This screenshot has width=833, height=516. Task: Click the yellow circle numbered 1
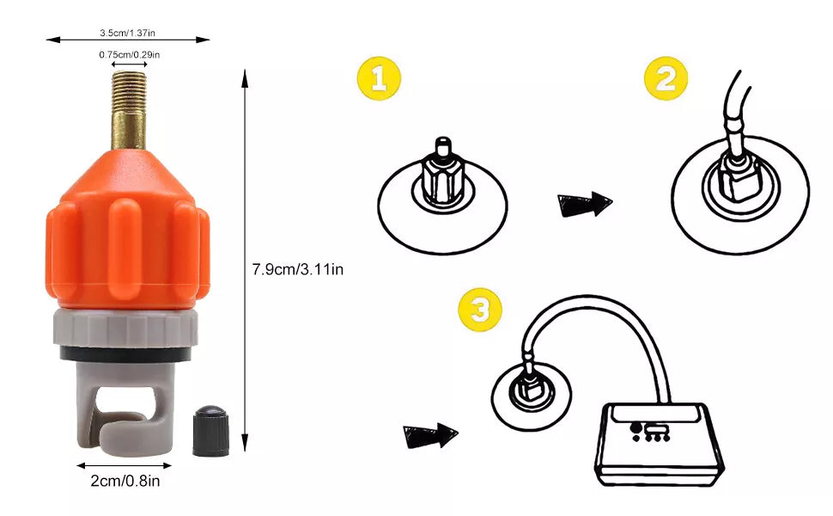(x=379, y=79)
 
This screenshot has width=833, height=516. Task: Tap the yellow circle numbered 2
(x=666, y=79)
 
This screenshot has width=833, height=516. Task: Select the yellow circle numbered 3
(x=480, y=310)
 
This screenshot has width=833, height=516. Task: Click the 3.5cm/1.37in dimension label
(x=127, y=33)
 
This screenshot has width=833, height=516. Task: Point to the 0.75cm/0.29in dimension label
(x=129, y=55)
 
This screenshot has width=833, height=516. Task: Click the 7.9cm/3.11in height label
(x=297, y=270)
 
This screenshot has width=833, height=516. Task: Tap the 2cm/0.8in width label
(x=125, y=481)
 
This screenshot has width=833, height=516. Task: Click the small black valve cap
(x=211, y=432)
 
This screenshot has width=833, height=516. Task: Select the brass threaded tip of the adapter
(x=129, y=110)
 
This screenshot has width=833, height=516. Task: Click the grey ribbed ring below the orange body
(x=125, y=329)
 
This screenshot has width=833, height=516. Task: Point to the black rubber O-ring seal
(x=125, y=354)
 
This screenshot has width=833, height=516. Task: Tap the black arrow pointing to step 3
(x=429, y=436)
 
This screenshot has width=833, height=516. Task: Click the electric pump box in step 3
(x=658, y=444)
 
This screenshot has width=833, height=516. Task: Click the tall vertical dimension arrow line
(x=245, y=260)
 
